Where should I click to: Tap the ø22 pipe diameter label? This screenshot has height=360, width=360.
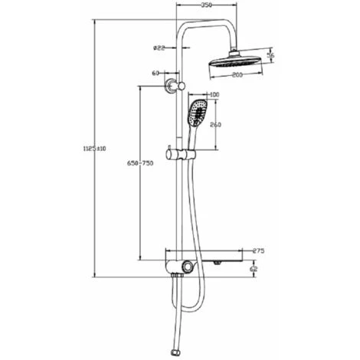[159, 48]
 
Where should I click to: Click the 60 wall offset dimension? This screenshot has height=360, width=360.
[155, 74]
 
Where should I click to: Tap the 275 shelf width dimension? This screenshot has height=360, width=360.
[258, 250]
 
